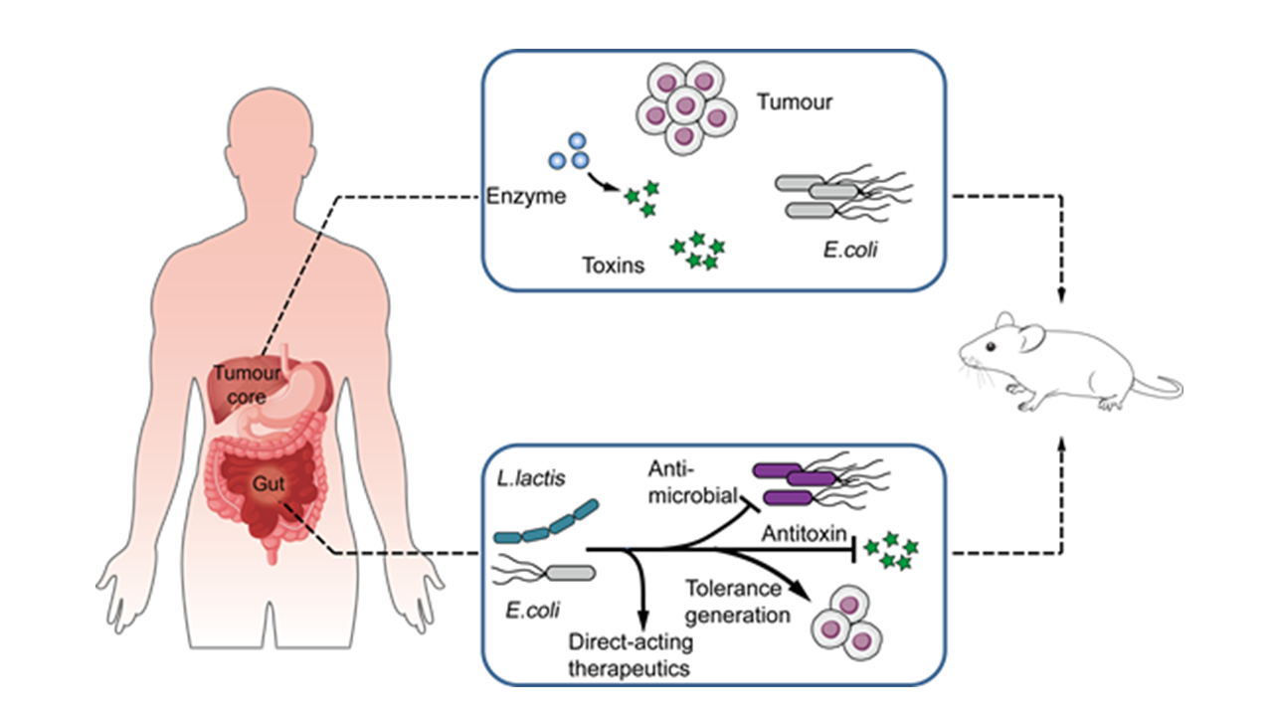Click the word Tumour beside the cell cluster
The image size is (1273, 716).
click(794, 101)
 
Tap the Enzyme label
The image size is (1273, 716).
click(526, 197)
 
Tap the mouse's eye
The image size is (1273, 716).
click(992, 346)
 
